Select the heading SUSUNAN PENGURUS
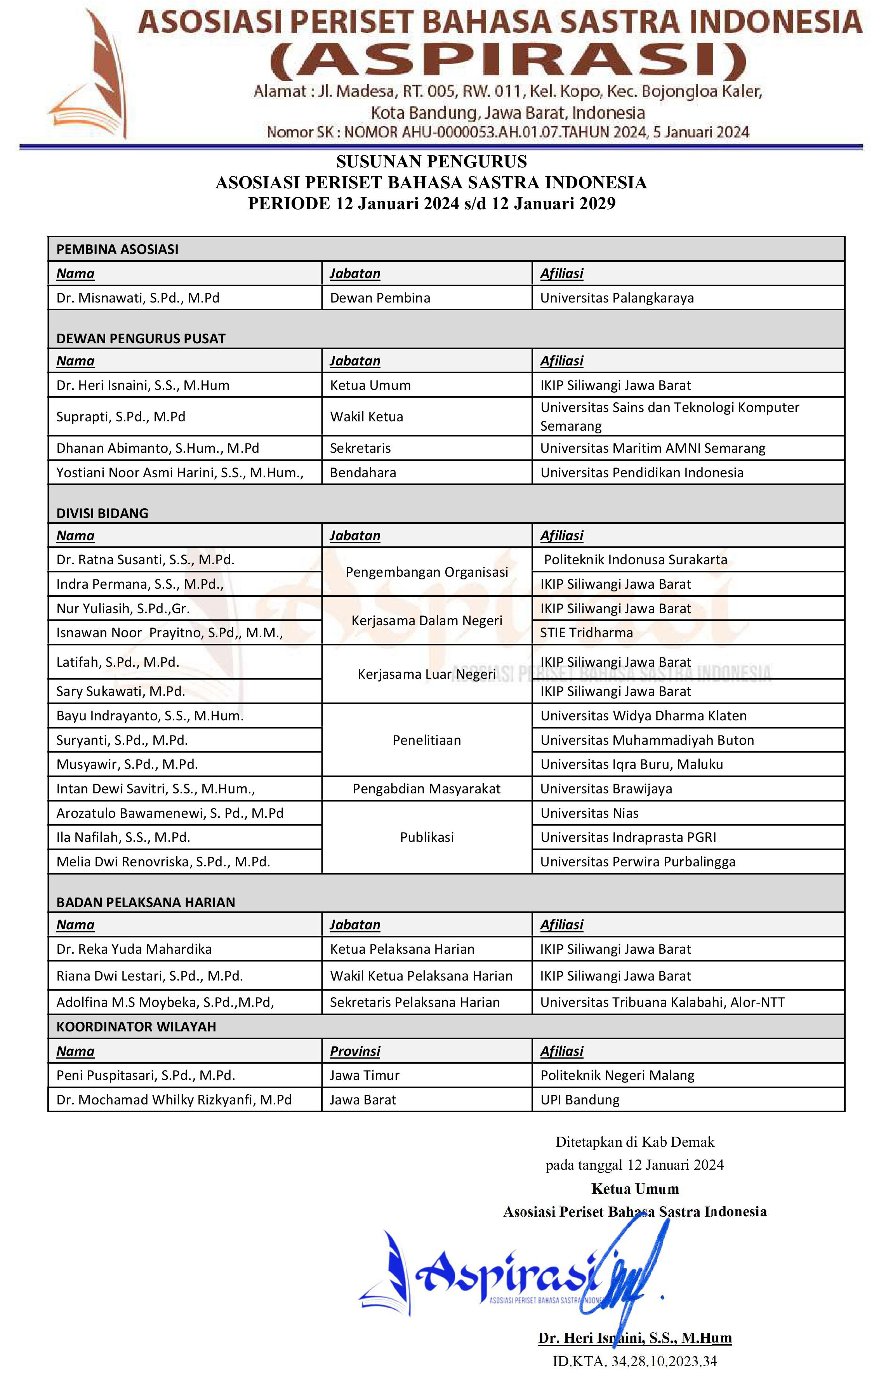[431, 162]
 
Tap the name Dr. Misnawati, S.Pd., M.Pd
[137, 298]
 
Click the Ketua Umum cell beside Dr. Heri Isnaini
[370, 385]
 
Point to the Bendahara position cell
[363, 473]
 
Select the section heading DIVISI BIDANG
[102, 513]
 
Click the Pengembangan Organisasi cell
[427, 572]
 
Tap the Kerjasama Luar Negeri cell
[427, 674]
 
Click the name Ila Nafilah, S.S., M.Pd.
[123, 837]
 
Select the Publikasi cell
[427, 837]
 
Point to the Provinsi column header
[355, 1051]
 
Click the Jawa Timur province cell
[365, 1075]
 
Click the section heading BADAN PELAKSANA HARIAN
[146, 902]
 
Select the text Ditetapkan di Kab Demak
[635, 1142]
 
